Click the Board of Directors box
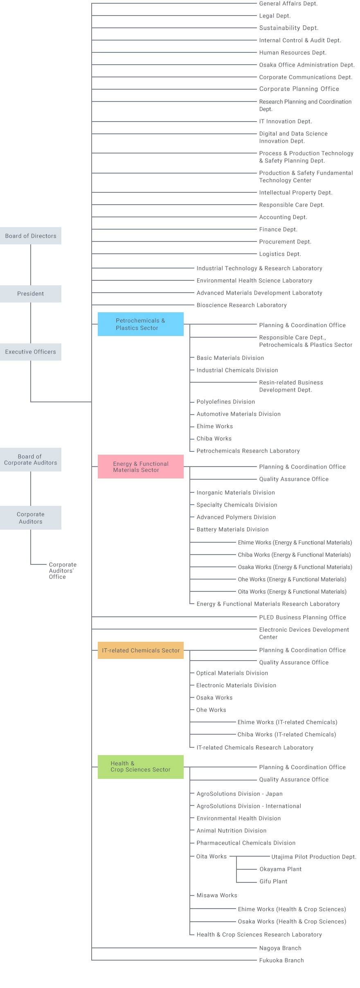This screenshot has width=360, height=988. pos(31,236)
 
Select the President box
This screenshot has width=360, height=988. pos(31,294)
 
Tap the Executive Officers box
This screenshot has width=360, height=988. pos(31,352)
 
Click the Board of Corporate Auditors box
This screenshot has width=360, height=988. pos(31,460)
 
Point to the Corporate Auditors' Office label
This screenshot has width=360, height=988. pos(62,571)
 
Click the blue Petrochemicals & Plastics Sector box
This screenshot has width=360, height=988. pos(140,324)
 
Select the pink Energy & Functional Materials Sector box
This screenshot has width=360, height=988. pos(140,467)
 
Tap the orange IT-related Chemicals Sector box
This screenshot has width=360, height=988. pos(140,650)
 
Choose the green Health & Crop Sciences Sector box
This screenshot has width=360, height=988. pos(140,767)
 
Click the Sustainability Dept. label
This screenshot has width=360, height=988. pos(288,28)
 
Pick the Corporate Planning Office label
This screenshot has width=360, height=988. pos(299,89)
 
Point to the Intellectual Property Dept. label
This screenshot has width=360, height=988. pos(295,192)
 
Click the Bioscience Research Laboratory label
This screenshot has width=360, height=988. pos(241,305)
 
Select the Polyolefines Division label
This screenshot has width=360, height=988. pos(225,402)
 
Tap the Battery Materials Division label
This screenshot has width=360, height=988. pos(232,529)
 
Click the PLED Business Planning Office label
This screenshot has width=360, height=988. pos(302,617)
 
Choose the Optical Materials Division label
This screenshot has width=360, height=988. pos(232,673)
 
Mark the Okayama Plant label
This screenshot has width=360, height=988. pos(280,869)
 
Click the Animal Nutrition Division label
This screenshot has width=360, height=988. pos(231,830)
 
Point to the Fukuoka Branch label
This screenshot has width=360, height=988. pos(281,960)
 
